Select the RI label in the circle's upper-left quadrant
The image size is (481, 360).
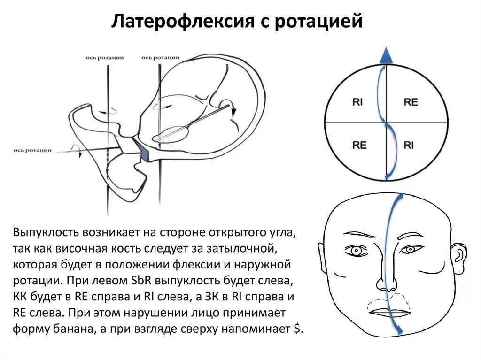[x=357, y=102]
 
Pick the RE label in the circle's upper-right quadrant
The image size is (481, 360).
[x=411, y=102]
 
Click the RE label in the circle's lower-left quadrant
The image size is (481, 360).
[x=359, y=145]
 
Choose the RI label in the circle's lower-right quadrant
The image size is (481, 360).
[x=409, y=145]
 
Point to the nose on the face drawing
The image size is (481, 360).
[x=387, y=282]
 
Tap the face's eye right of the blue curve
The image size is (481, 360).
[x=415, y=249]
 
